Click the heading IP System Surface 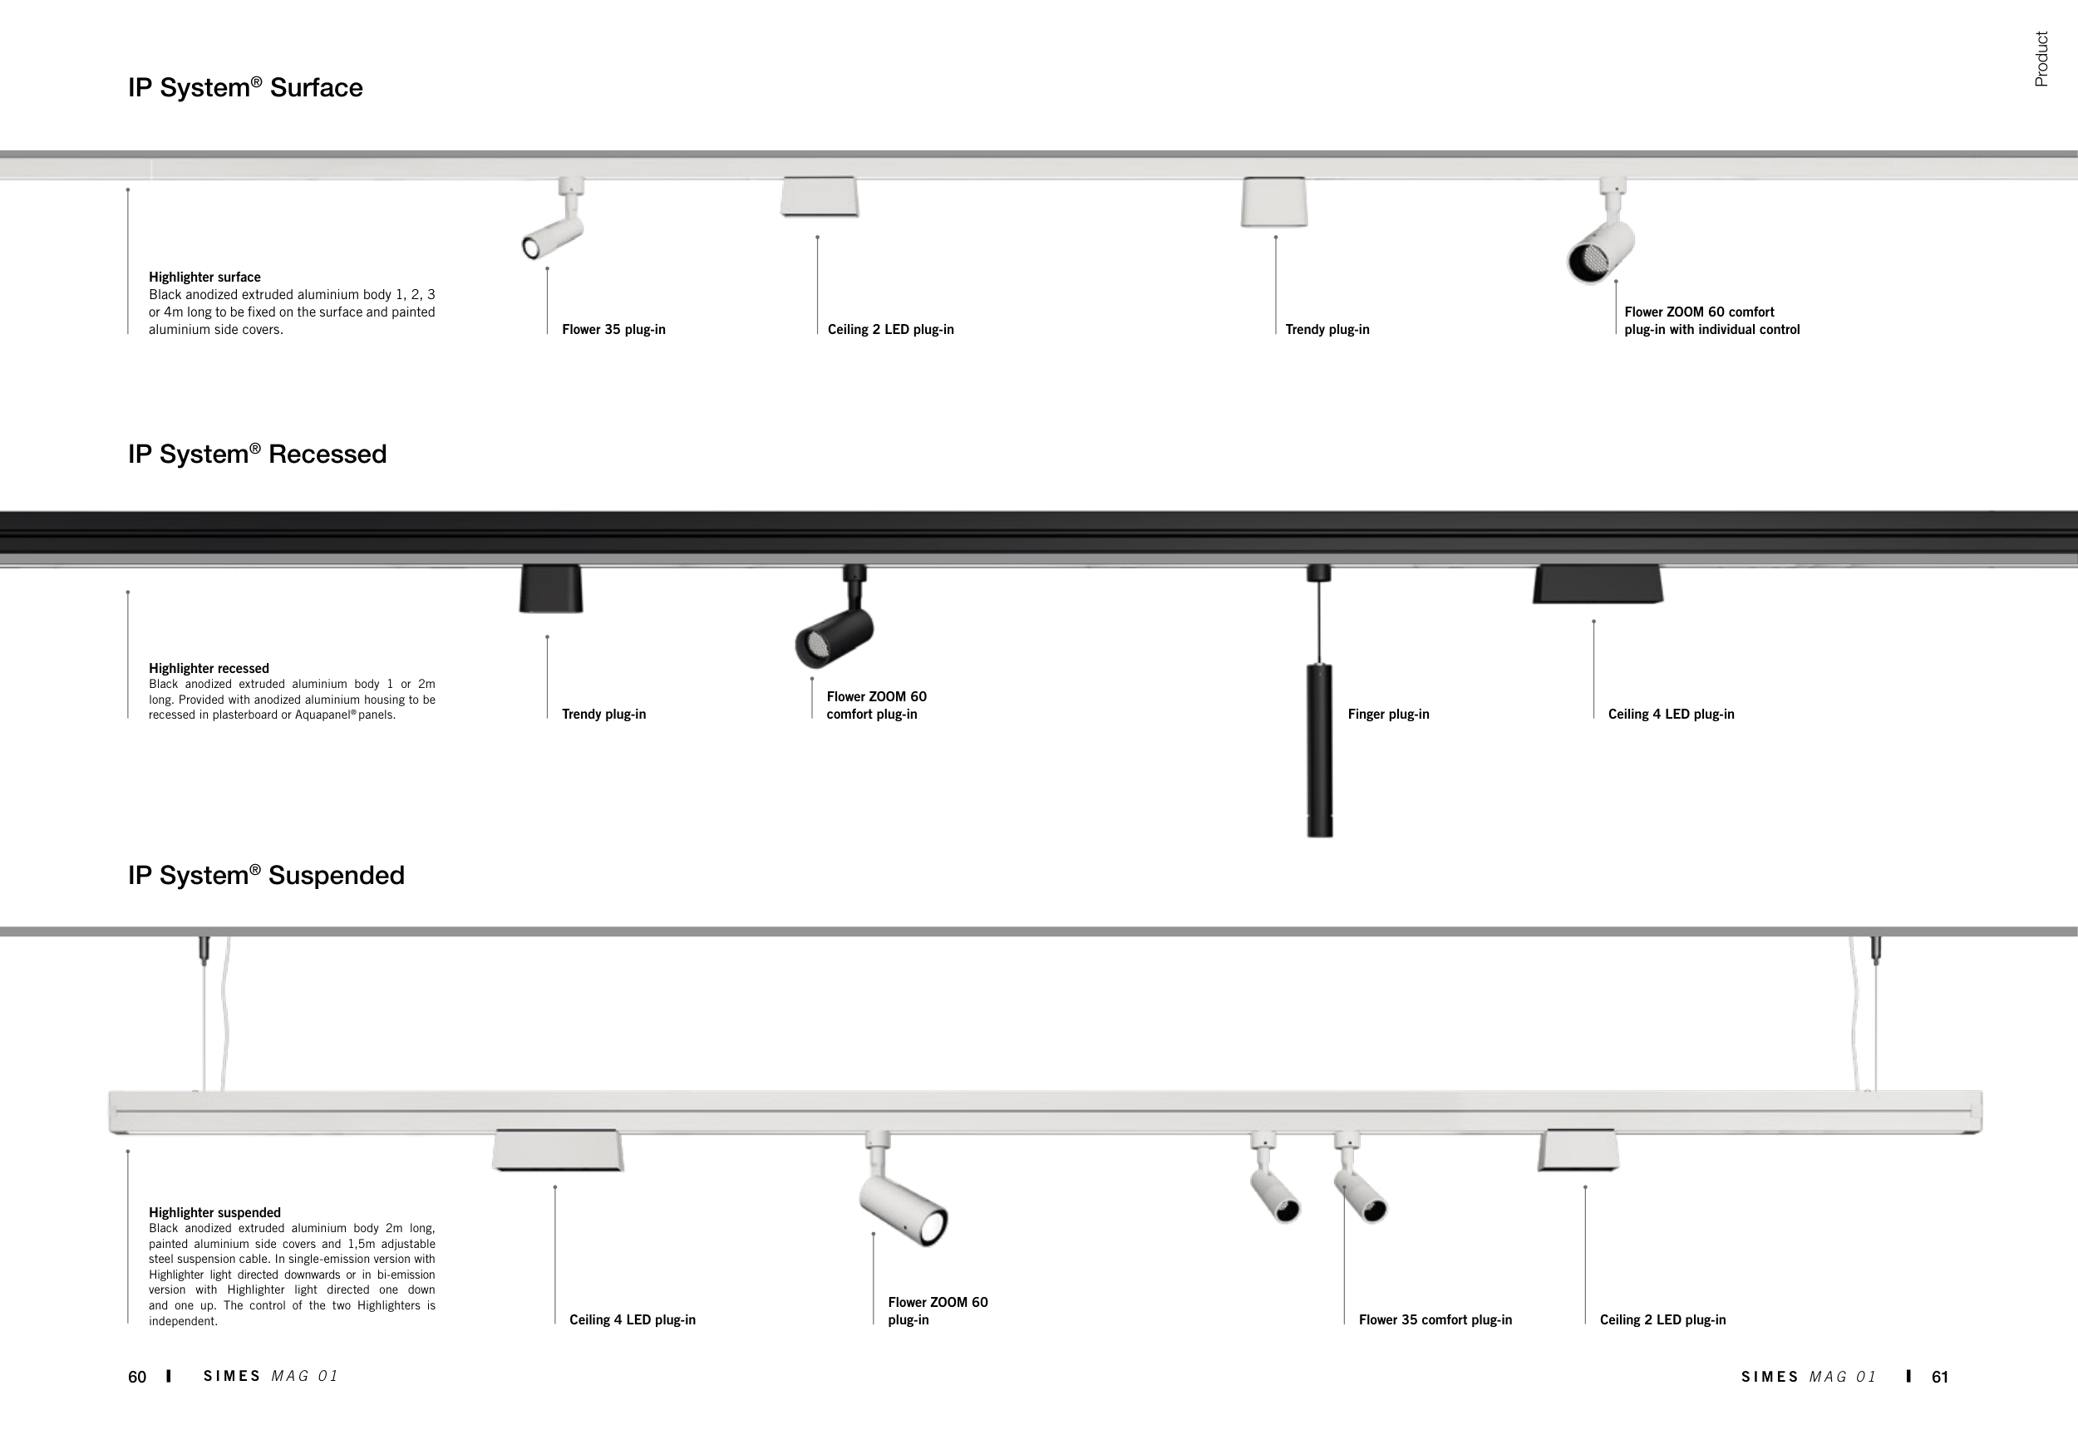245,88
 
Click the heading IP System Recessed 257,454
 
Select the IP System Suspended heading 266,876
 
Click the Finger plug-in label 1388,715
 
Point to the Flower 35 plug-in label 613,330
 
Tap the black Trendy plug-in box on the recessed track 551,589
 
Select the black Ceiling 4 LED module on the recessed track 1598,584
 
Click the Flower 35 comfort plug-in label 1435,1320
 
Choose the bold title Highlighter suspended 214,1213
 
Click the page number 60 136,1377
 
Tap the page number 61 1939,1377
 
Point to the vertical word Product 2041,60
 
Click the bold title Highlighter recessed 209,669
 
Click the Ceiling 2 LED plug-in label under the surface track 890,330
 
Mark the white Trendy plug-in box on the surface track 1273,202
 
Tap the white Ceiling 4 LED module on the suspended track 558,1151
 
